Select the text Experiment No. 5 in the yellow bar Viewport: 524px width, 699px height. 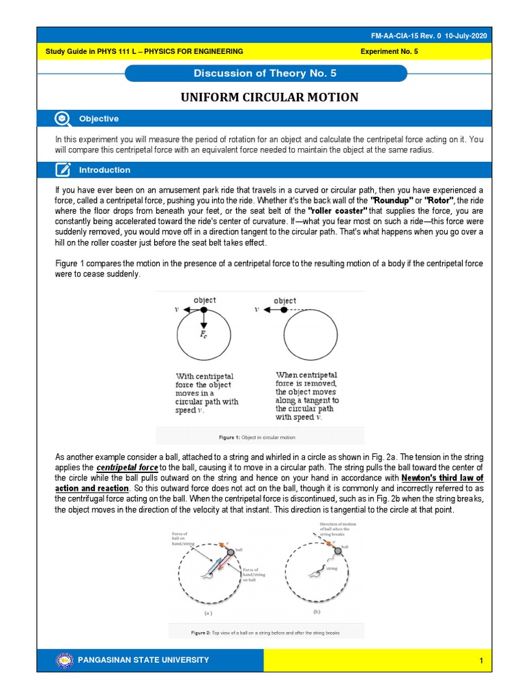coord(390,51)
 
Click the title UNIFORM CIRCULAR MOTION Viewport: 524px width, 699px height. coord(269,97)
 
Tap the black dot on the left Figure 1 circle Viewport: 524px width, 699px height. coord(203,309)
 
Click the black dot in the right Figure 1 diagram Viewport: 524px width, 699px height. coord(284,309)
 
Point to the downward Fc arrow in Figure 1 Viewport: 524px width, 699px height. coord(203,321)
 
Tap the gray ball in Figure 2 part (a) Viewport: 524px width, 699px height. coord(231,551)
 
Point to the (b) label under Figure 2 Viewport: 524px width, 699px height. coord(317,612)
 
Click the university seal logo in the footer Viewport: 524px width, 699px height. coord(65,660)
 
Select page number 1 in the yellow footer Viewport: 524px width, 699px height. coord(480,661)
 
